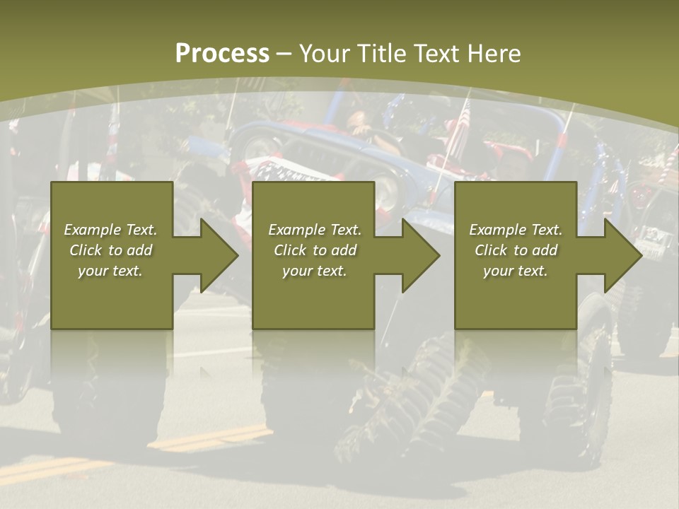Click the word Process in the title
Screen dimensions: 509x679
coord(222,54)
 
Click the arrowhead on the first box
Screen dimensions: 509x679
coord(219,255)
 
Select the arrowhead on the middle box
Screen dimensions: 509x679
coord(420,255)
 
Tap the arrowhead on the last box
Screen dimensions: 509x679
coord(622,255)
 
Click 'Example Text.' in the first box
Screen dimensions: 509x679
coord(110,230)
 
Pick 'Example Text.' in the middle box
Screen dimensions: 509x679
coord(315,230)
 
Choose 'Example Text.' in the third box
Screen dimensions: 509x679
coord(516,230)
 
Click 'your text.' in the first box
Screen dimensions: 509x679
coord(110,271)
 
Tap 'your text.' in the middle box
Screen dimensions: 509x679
coord(315,271)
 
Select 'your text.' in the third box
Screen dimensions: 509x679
coord(516,271)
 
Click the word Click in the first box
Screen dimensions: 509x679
coord(86,250)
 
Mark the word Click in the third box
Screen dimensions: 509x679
coord(491,250)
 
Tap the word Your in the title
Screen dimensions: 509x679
coord(326,54)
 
